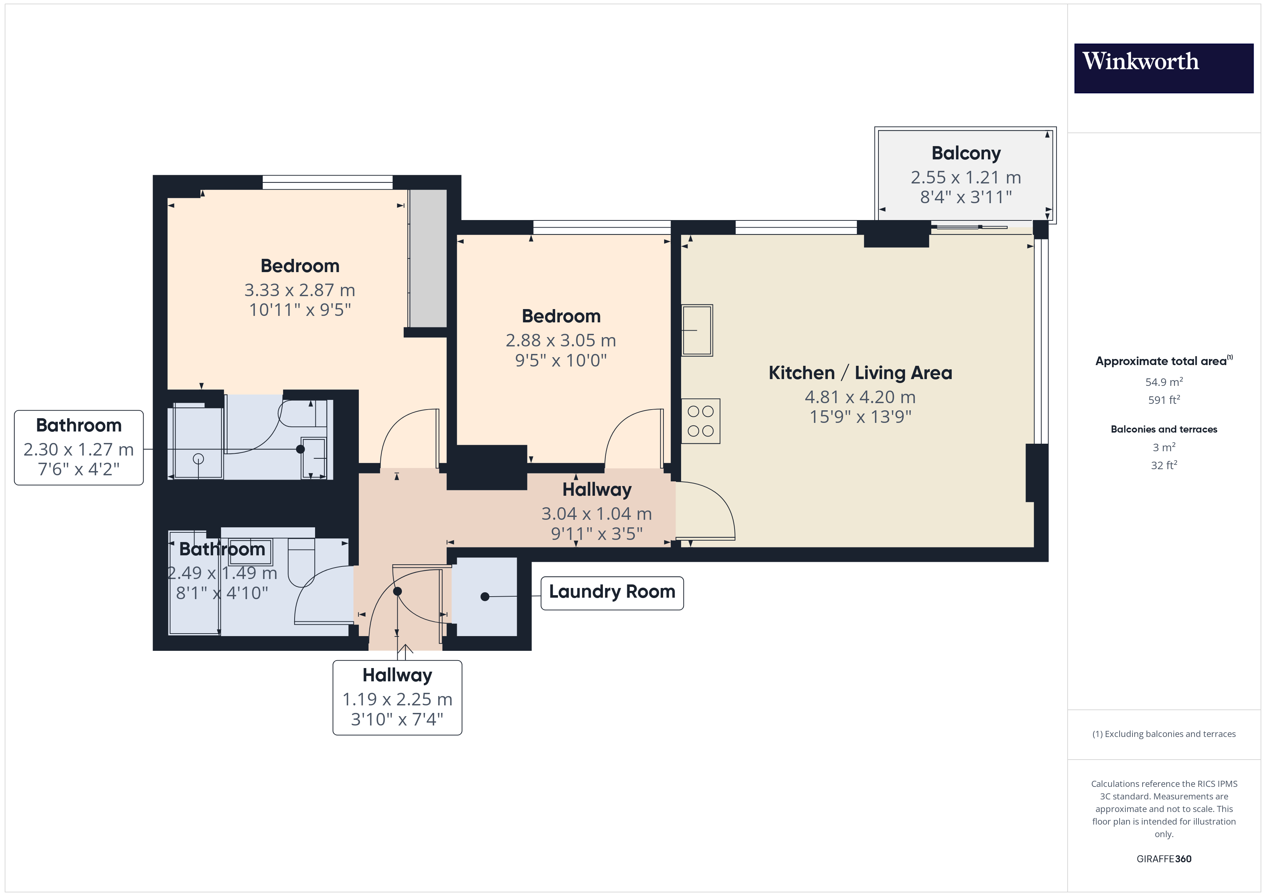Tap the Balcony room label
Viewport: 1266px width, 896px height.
(x=966, y=153)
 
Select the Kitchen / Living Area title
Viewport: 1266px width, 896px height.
(x=860, y=373)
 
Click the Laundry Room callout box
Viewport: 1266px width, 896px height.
(x=612, y=593)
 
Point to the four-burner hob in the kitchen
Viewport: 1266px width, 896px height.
(x=700, y=421)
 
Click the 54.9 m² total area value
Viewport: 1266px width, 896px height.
(x=1164, y=382)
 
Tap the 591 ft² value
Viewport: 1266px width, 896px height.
(x=1164, y=400)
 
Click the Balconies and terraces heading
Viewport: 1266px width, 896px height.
(x=1164, y=429)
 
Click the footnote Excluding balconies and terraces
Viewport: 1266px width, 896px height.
(x=1164, y=734)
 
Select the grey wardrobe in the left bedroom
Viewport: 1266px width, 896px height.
(x=428, y=258)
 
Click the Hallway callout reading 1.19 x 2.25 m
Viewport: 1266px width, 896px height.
(x=397, y=697)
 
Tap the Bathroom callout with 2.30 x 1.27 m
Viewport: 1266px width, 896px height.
(x=79, y=447)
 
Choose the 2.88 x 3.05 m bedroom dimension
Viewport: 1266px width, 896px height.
(x=561, y=340)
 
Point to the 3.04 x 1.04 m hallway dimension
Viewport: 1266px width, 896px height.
(x=597, y=514)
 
